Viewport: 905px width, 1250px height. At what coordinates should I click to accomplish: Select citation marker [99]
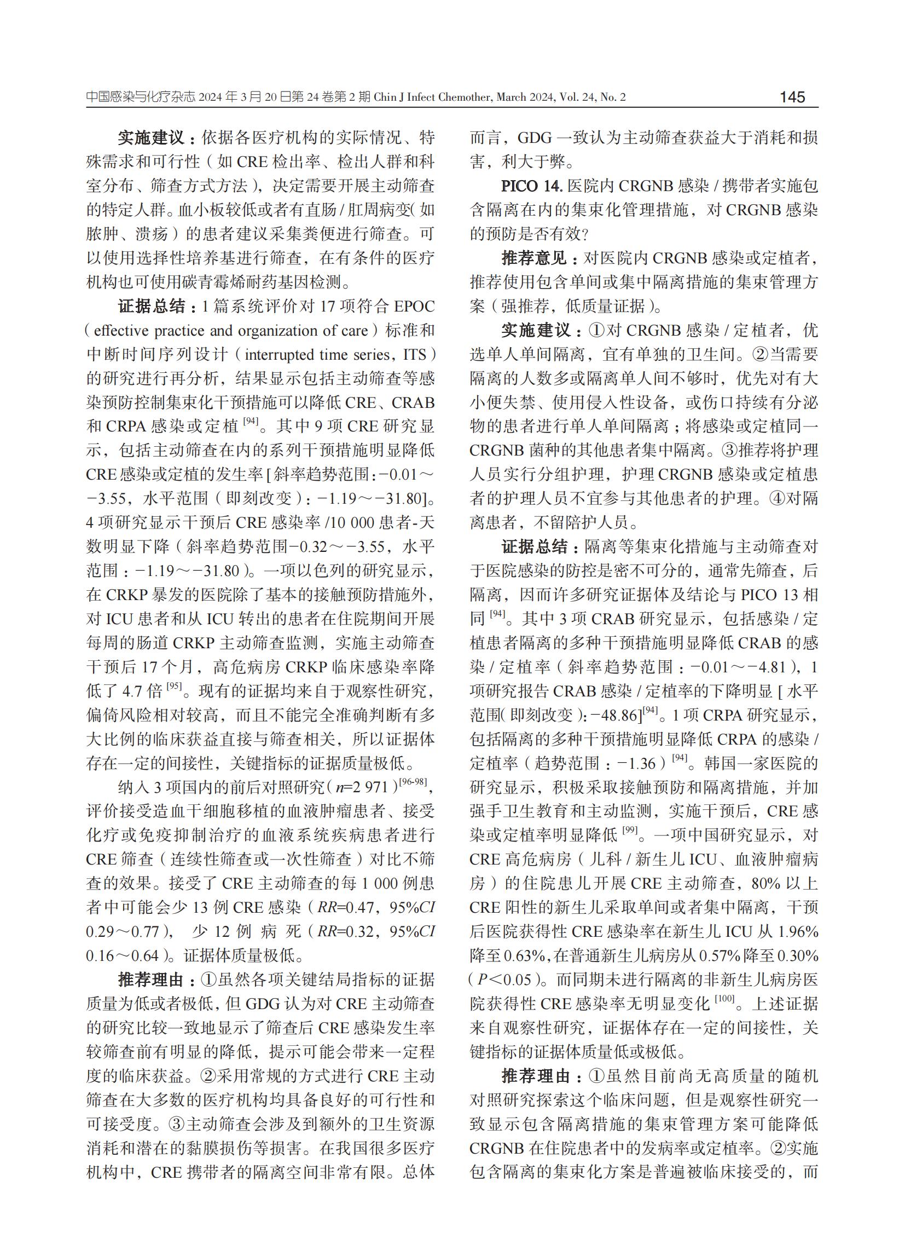[630, 831]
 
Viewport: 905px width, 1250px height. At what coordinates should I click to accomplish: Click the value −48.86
[613, 716]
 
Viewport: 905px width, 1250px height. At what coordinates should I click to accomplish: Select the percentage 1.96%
[797, 932]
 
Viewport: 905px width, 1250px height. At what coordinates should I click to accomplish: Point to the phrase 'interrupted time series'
[317, 354]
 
